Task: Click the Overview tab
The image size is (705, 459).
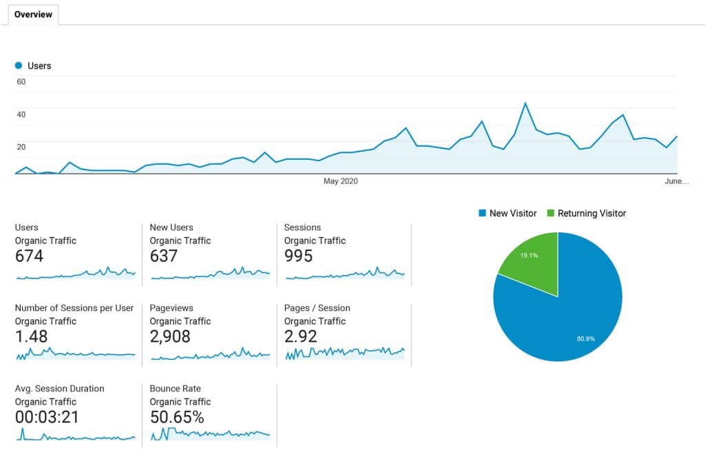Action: click(x=33, y=14)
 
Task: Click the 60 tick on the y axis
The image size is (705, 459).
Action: click(x=21, y=82)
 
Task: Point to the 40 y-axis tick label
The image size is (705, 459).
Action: click(x=21, y=114)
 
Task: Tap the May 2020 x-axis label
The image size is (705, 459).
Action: click(x=341, y=181)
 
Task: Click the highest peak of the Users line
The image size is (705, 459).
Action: click(x=525, y=103)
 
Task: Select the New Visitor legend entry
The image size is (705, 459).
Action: click(x=507, y=214)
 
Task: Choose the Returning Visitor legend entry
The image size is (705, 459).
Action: click(x=587, y=214)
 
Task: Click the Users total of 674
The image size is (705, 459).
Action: click(x=29, y=256)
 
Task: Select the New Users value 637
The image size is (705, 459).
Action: click(x=164, y=256)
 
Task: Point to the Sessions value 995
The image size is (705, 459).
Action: click(x=298, y=256)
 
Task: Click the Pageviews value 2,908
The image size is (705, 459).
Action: click(x=170, y=337)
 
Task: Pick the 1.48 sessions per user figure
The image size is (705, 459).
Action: click(x=32, y=337)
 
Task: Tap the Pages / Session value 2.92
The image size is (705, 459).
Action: click(x=301, y=337)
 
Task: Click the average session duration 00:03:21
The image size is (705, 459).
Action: click(x=47, y=418)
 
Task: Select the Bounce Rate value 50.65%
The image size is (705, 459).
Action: click(x=177, y=418)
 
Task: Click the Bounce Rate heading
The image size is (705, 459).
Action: click(x=176, y=389)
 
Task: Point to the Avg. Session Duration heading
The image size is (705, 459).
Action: click(x=60, y=389)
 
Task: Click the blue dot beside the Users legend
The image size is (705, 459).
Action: click(x=19, y=66)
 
